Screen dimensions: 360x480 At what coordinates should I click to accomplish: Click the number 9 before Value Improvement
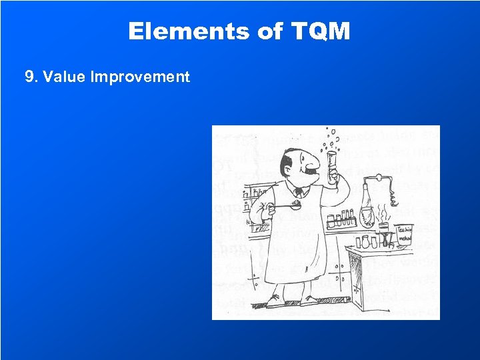point(29,77)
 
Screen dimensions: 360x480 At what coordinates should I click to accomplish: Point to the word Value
point(64,77)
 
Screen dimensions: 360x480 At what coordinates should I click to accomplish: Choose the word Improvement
point(141,77)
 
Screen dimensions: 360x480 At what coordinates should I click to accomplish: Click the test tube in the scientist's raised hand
point(331,164)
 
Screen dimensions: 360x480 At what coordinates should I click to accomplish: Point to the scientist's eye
point(299,155)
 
